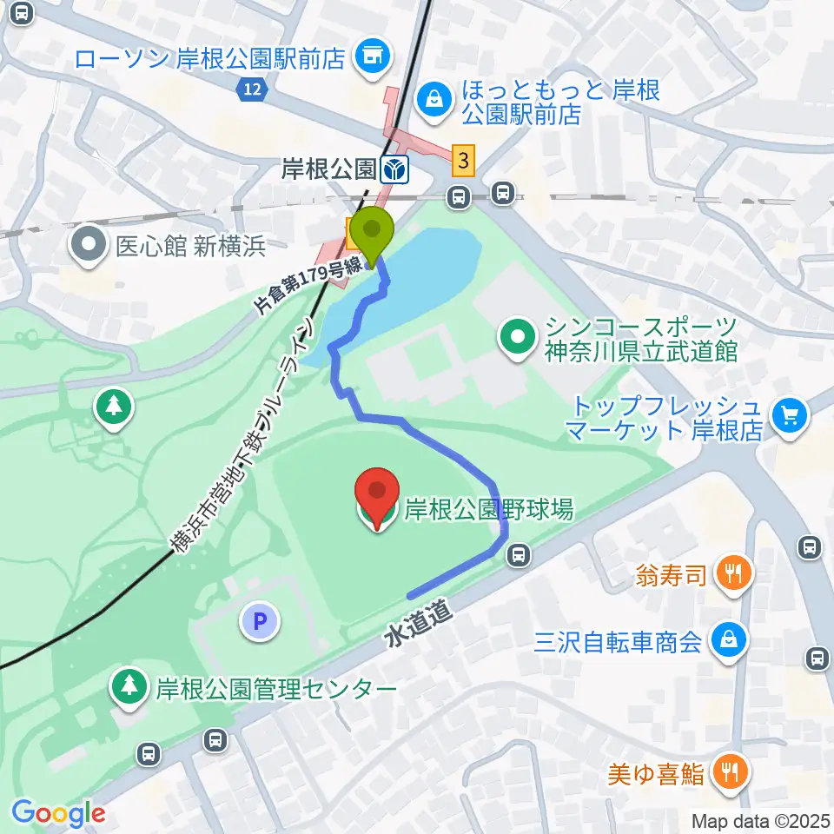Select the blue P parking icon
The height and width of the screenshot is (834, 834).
click(x=261, y=622)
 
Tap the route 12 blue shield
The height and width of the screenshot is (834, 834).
click(x=251, y=88)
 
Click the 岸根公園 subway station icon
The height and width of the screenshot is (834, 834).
click(x=395, y=169)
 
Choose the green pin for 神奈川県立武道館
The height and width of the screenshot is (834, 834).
click(x=519, y=337)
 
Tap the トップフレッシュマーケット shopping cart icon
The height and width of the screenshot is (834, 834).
click(x=790, y=418)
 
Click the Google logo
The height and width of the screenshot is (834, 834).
click(x=58, y=814)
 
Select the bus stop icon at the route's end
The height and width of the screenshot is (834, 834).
click(x=519, y=553)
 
